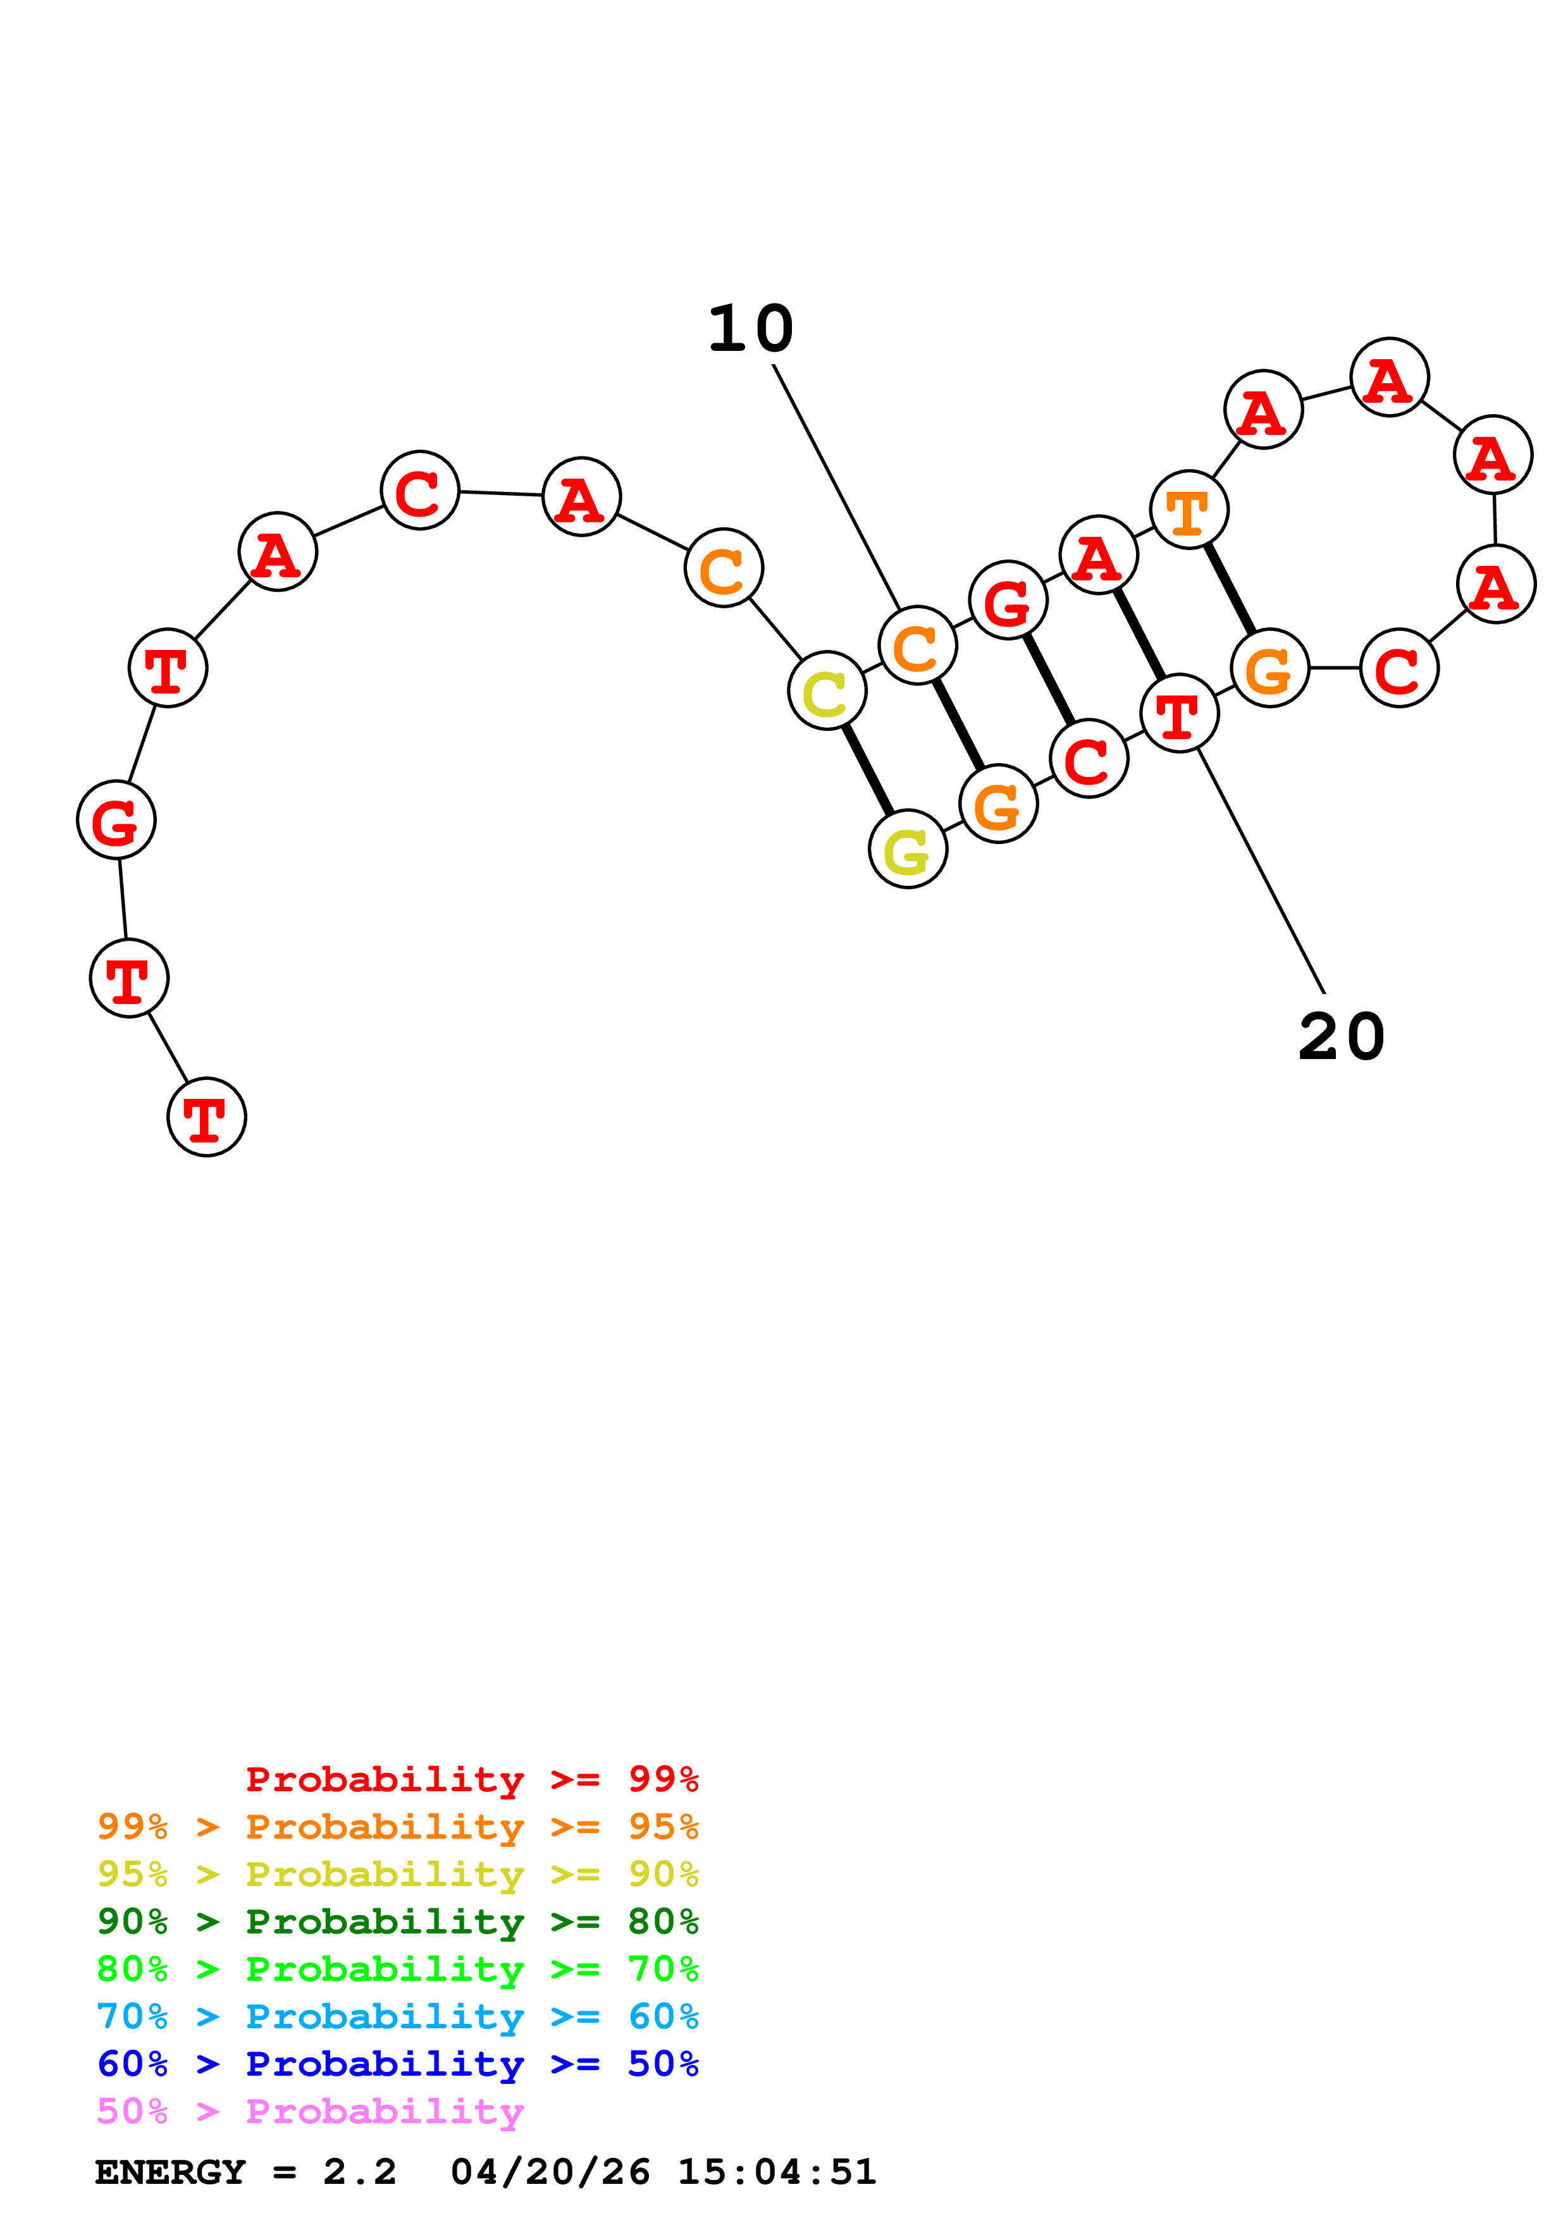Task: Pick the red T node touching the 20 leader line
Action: (1178, 713)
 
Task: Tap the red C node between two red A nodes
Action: (419, 490)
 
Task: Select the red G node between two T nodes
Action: (116, 819)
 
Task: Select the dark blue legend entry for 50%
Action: (397, 2064)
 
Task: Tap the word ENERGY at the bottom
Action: (170, 2172)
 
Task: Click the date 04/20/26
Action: (550, 2172)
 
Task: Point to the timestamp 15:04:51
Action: (776, 2172)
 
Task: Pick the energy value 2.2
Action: (359, 2172)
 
